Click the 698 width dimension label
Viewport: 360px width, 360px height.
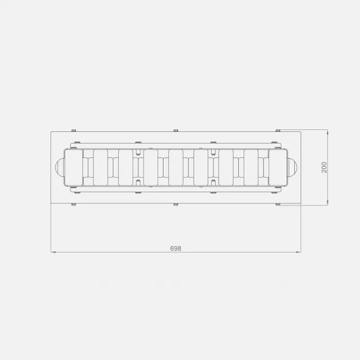[x=176, y=249]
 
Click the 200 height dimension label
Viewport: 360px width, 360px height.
[x=324, y=167]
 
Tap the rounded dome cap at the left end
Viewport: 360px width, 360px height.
[x=59, y=167]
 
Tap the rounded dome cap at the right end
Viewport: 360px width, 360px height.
[x=292, y=167]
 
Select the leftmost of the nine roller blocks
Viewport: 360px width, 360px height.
[x=73, y=167]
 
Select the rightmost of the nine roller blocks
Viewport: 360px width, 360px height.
[x=278, y=167]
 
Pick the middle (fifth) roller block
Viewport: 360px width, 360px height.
[x=176, y=167]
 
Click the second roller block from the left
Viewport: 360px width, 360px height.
[x=101, y=167]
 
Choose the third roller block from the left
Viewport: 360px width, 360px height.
[x=126, y=167]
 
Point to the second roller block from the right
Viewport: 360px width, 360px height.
[x=251, y=167]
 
